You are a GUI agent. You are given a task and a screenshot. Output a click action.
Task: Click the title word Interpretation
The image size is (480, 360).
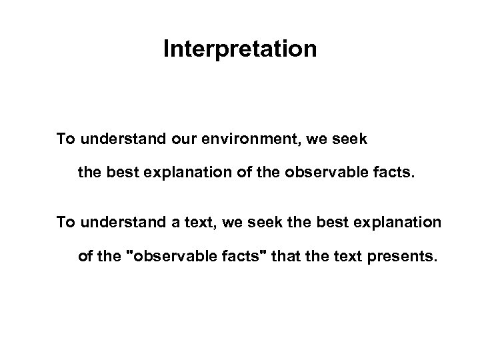[x=240, y=50]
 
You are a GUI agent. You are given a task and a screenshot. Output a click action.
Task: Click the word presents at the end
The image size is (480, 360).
[x=405, y=258]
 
